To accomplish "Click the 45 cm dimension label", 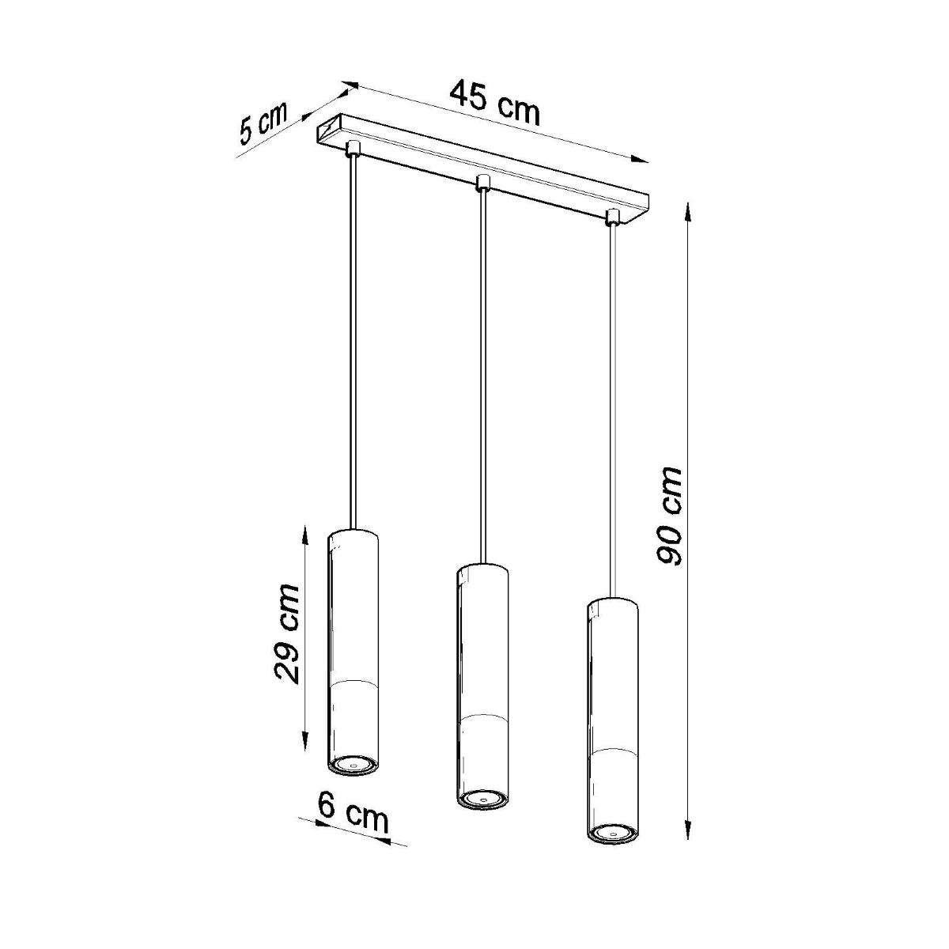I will coord(496,101).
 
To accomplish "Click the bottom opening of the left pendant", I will coord(353,765).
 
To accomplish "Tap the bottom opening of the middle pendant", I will coord(481,800).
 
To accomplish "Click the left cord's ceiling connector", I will coord(352,147).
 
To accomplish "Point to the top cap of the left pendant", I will coord(354,532).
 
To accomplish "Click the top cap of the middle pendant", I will coord(482,570).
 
